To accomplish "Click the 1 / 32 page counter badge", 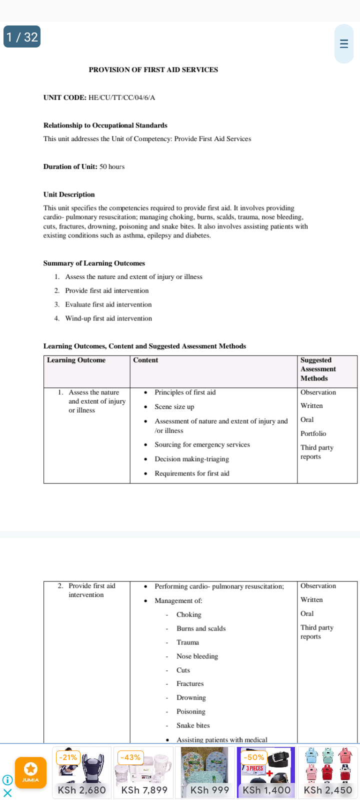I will point(22,37).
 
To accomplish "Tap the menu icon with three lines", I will point(343,43).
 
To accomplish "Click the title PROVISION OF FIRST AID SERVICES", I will point(153,70).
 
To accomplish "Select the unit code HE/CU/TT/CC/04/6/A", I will point(121,97).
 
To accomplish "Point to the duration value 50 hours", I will point(112,166).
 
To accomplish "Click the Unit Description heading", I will point(69,194).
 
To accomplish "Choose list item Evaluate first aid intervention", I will point(108,304).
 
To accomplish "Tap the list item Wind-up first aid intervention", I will point(108,318).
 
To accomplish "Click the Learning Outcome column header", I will point(76,360).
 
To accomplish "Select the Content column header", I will point(145,360).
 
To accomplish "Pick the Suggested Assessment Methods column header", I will point(318,369).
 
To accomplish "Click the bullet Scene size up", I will point(174,407).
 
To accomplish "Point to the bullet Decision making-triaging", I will point(191,459).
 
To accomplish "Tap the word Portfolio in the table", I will point(313,433).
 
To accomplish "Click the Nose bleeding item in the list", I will point(197,656).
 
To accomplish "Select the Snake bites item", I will point(193,725).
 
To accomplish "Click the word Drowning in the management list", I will point(191,698).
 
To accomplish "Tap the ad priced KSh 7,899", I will point(144,772).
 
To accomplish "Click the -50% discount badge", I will point(254,757).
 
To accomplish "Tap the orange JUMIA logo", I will point(30,772).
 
